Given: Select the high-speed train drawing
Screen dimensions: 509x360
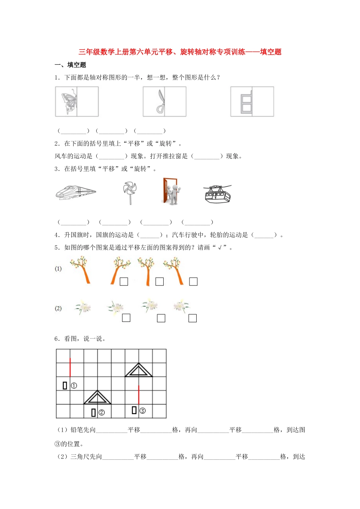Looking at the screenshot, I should pyautogui.click(x=76, y=192).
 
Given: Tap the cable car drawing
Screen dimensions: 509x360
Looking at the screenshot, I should pyautogui.click(x=217, y=194).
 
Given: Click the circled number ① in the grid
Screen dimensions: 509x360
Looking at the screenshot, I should pyautogui.click(x=74, y=386).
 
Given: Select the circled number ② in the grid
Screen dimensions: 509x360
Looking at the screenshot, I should pyautogui.click(x=102, y=412).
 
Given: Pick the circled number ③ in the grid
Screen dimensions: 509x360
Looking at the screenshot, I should pyautogui.click(x=142, y=411).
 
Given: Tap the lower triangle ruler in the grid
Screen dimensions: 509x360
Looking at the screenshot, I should pyautogui.click(x=97, y=398).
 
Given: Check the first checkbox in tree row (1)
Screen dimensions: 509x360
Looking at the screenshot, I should pyautogui.click(x=124, y=281).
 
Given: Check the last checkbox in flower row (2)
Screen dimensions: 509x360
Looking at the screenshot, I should pyautogui.click(x=193, y=318).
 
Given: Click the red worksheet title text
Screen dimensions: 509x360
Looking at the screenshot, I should pyautogui.click(x=180, y=52).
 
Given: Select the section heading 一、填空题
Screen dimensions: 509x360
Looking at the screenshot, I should pyautogui.click(x=70, y=65).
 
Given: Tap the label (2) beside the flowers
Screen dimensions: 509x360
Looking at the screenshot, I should pyautogui.click(x=58, y=308).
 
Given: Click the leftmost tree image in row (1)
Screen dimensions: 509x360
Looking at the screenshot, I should pyautogui.click(x=80, y=269).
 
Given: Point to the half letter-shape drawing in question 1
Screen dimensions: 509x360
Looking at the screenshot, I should pyautogui.click(x=246, y=101).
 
